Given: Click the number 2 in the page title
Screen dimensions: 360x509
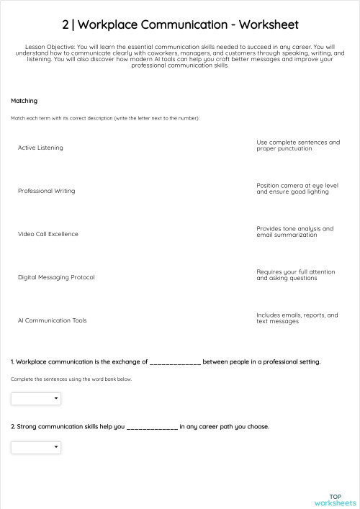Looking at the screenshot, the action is (66, 24).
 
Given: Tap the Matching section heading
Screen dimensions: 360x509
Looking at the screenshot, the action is (24, 101).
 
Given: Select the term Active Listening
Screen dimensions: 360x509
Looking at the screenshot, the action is (40, 148).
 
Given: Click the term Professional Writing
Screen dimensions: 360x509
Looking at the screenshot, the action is (46, 191).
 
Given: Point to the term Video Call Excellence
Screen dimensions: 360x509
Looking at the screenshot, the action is (48, 234).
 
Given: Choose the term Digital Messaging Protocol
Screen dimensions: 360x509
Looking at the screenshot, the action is (56, 277).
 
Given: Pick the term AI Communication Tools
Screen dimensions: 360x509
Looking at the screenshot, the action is (52, 320).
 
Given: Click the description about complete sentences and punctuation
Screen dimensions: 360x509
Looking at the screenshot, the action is (297, 145).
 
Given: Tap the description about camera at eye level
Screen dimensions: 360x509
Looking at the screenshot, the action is (297, 189).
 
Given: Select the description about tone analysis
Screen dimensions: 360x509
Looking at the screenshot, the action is (295, 232).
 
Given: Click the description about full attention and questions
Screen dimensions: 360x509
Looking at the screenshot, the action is (296, 275).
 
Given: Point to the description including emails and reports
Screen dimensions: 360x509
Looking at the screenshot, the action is (297, 318).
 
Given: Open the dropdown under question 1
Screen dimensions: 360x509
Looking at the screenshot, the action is (36, 398).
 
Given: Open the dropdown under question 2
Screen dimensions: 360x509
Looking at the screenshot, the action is (36, 448).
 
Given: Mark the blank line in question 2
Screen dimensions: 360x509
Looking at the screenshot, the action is (152, 427).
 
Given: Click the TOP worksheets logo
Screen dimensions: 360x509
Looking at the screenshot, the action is (335, 500).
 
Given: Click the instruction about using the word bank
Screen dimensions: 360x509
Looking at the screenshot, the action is (71, 379).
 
